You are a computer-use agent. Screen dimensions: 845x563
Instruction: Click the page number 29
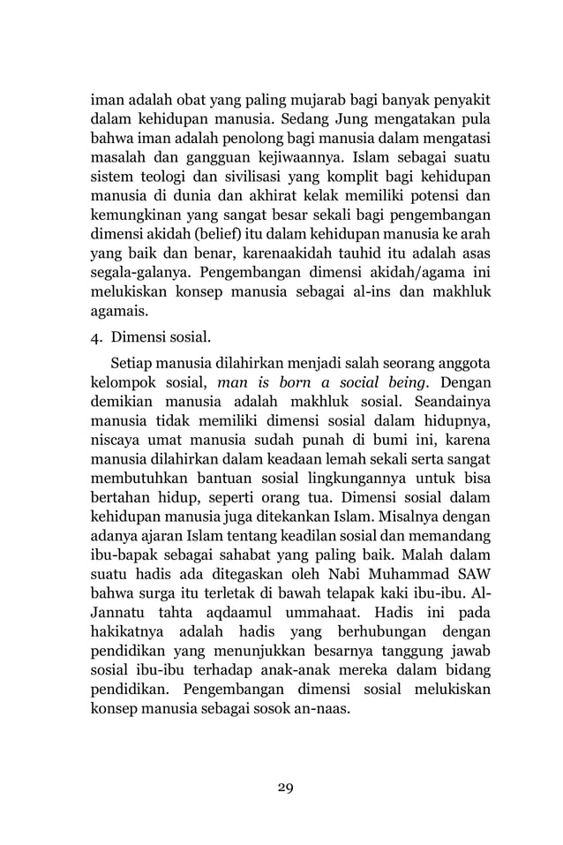point(281,788)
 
